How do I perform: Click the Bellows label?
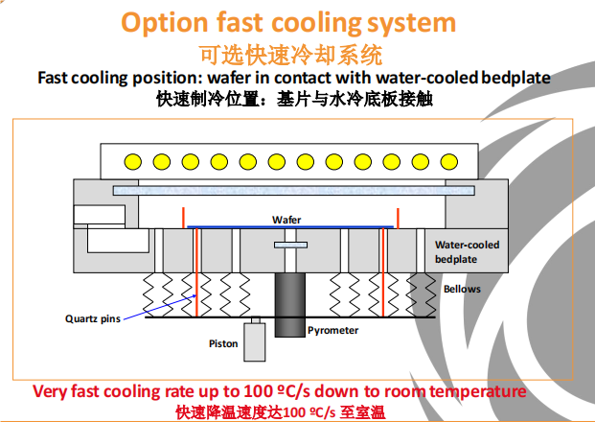pos(462,289)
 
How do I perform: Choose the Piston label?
pos(223,342)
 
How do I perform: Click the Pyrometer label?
pos(332,331)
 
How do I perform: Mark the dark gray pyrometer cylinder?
pos(288,303)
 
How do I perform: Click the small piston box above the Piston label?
pos(255,340)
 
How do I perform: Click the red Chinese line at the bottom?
pos(279,411)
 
